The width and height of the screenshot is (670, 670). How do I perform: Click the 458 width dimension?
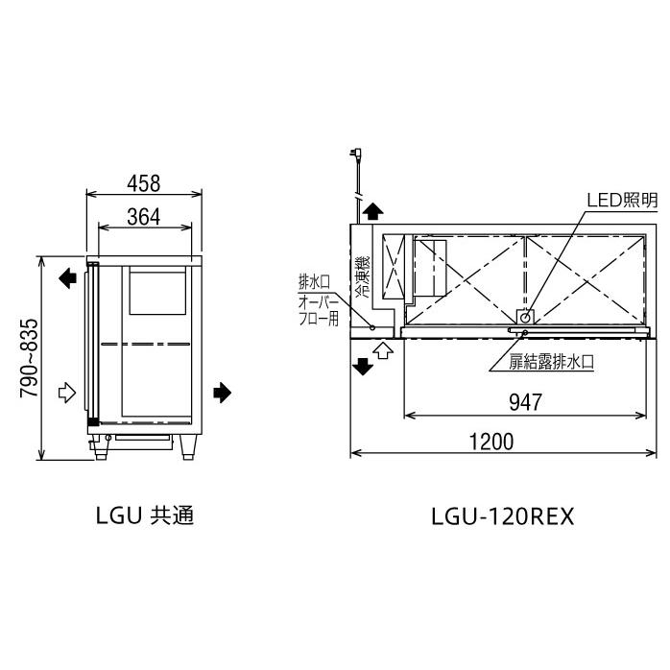click(x=143, y=181)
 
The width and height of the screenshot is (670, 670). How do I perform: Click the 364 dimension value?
click(x=143, y=217)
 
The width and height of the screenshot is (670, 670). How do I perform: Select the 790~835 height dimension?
click(x=29, y=359)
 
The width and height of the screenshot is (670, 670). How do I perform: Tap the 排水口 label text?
click(x=314, y=282)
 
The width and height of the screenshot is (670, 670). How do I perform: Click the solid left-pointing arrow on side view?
click(x=67, y=278)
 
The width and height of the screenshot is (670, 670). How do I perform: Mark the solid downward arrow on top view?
click(x=364, y=366)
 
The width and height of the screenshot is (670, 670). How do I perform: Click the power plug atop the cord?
click(x=359, y=154)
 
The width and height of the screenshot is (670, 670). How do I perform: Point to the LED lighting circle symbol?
click(x=525, y=316)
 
